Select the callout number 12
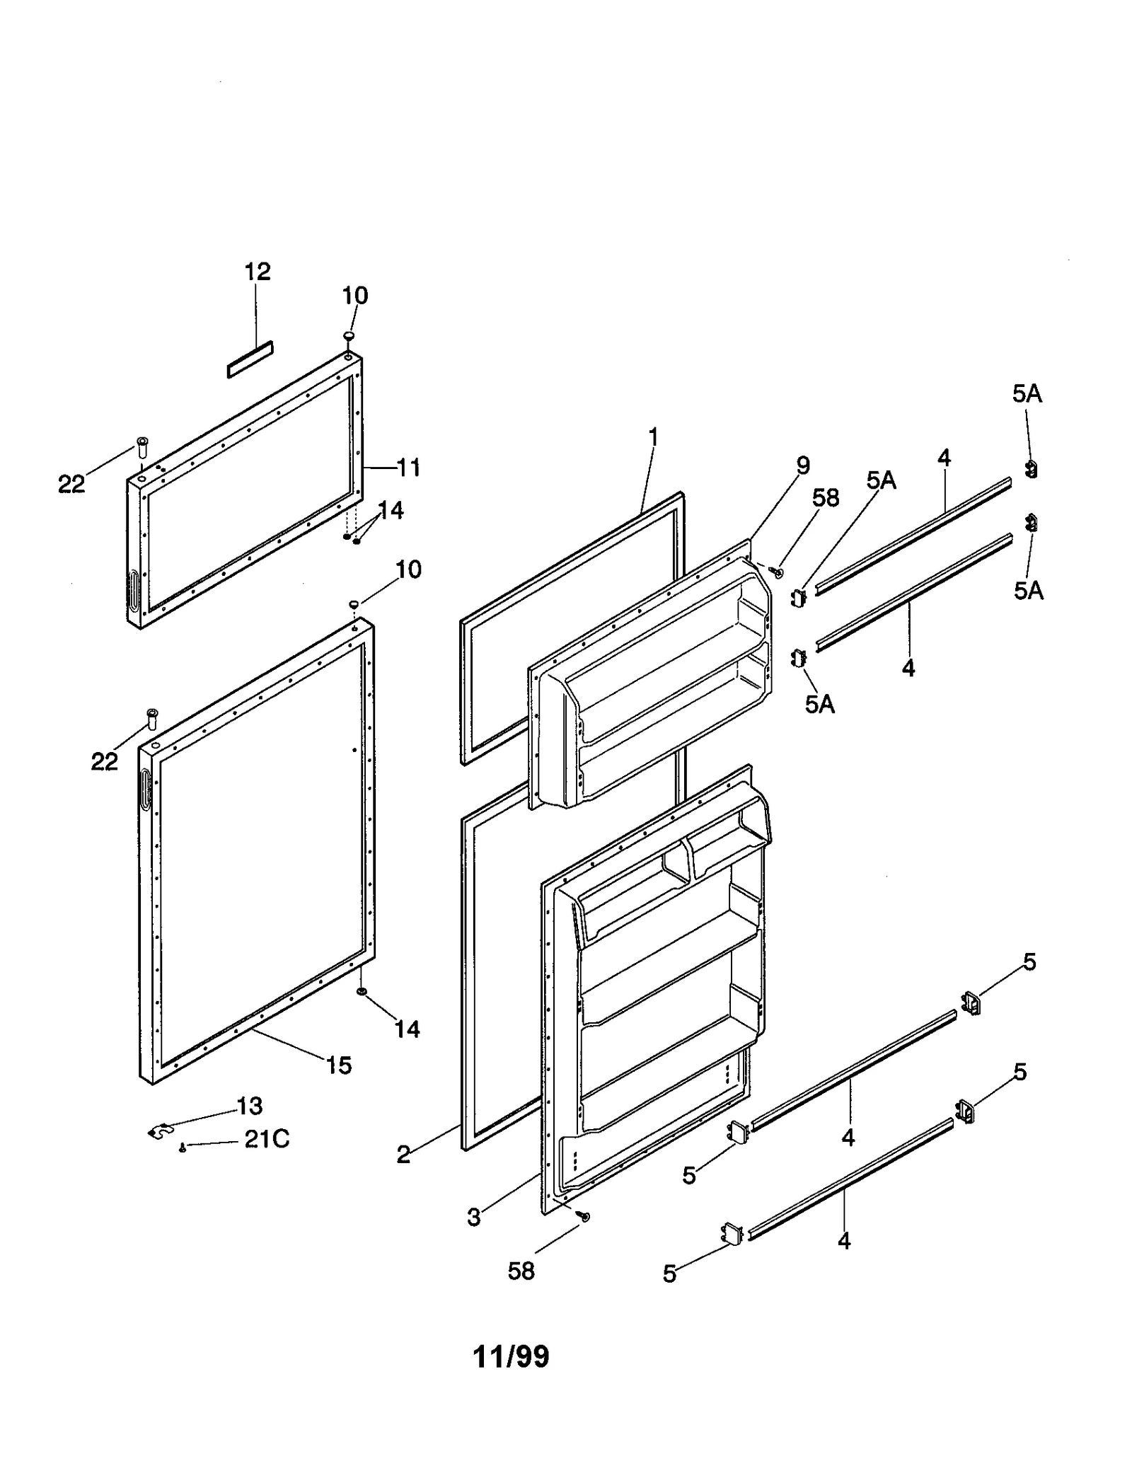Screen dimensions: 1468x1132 (258, 272)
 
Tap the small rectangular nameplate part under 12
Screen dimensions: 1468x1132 (250, 359)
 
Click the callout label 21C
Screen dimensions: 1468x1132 (267, 1139)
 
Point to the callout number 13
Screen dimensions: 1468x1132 (250, 1105)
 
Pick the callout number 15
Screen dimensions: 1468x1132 (338, 1065)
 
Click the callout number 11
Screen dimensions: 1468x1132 (408, 468)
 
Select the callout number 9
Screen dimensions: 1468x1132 (802, 466)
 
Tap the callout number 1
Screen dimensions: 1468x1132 (653, 437)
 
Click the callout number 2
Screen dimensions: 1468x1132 (403, 1155)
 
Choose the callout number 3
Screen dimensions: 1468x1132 (473, 1218)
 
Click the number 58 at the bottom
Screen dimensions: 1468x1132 (521, 1271)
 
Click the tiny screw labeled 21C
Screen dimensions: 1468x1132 (183, 1148)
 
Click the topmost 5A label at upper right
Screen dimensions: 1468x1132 (1027, 394)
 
